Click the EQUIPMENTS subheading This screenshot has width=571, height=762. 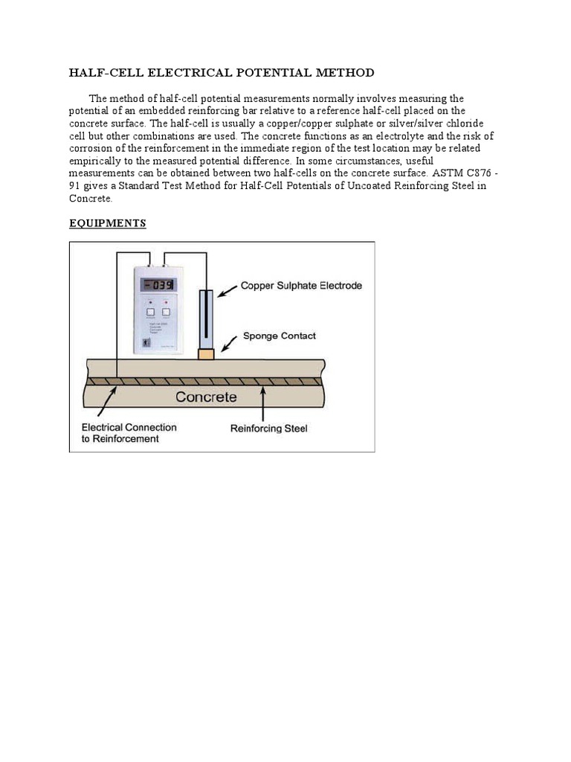click(107, 223)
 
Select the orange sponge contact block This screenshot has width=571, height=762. click(206, 354)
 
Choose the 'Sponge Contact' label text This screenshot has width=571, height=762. click(280, 336)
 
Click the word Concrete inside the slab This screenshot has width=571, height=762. click(206, 397)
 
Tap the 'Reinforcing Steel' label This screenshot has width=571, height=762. click(268, 429)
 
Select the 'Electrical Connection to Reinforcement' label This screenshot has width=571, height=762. click(129, 433)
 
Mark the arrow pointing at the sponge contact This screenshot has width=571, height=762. click(228, 343)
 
